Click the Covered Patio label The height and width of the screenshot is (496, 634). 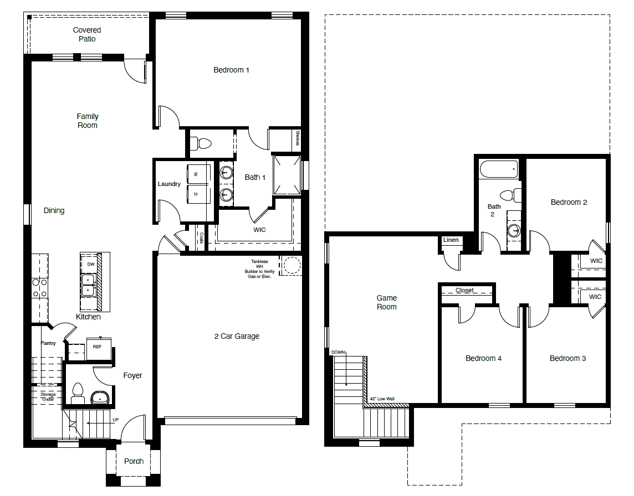point(87,34)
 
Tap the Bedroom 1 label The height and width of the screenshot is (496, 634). point(231,70)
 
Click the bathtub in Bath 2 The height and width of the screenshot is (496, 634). point(499,169)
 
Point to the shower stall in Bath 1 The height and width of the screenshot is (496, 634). point(287,174)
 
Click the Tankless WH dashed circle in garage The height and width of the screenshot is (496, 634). point(290,265)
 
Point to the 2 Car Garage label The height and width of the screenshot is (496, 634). point(237,336)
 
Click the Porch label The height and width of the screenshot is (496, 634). point(134,461)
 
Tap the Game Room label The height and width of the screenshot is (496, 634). point(386,302)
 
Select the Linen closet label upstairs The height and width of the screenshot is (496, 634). point(451,240)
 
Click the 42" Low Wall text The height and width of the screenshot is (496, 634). point(382,398)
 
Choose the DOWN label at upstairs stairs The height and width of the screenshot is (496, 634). point(338,352)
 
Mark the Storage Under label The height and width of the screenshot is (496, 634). point(48,396)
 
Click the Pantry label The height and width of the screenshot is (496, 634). point(48,343)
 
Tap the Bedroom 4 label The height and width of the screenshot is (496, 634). point(483,358)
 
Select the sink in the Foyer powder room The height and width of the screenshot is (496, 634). point(100,397)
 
